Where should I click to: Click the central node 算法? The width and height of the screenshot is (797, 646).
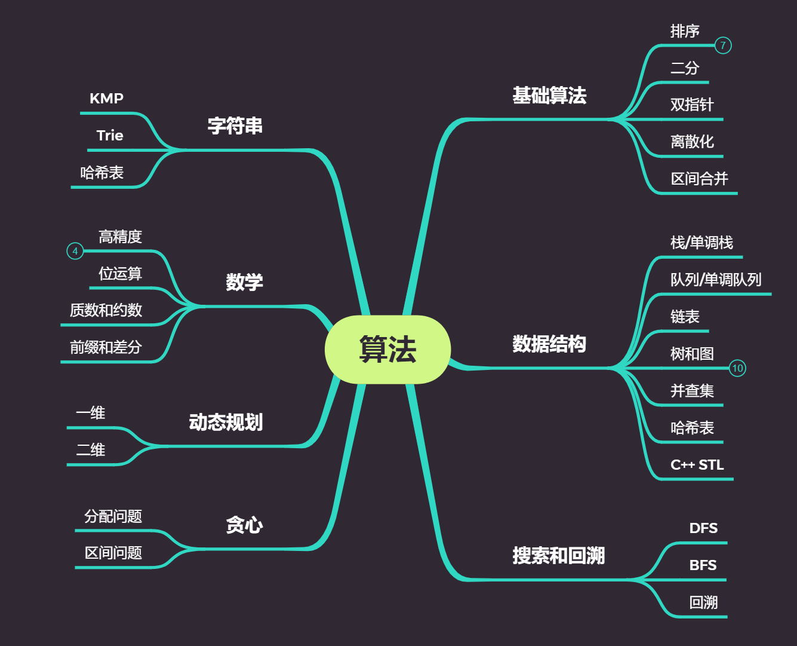(x=387, y=350)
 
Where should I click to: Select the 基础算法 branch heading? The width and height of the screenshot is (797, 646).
(x=549, y=96)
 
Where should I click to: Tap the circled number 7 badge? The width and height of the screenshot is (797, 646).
(x=723, y=45)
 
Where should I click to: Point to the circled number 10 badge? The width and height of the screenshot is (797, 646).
(x=737, y=368)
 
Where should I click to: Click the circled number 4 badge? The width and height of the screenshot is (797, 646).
(x=75, y=251)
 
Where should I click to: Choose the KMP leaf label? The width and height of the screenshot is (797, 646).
(x=106, y=99)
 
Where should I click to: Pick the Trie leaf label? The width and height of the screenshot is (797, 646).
(x=110, y=136)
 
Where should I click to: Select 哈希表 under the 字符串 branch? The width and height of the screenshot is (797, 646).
(x=102, y=173)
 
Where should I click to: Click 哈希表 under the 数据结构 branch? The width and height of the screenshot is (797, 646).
(x=692, y=428)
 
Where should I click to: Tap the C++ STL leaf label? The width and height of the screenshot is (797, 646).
(x=697, y=465)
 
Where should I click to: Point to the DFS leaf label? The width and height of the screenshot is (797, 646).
(x=703, y=528)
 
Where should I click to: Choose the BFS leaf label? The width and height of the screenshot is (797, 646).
(x=703, y=565)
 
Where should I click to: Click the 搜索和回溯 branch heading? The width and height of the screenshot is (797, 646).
(x=558, y=556)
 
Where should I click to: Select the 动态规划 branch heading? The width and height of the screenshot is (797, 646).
(x=226, y=422)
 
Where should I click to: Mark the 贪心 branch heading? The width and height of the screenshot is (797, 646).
(x=244, y=525)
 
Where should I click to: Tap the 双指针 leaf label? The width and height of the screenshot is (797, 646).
(x=692, y=105)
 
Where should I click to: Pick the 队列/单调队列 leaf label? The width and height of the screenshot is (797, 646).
(x=716, y=280)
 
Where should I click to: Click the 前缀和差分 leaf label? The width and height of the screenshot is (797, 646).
(x=106, y=347)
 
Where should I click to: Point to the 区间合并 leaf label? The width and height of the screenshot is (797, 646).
(x=699, y=179)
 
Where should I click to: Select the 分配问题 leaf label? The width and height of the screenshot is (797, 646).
(x=113, y=516)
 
